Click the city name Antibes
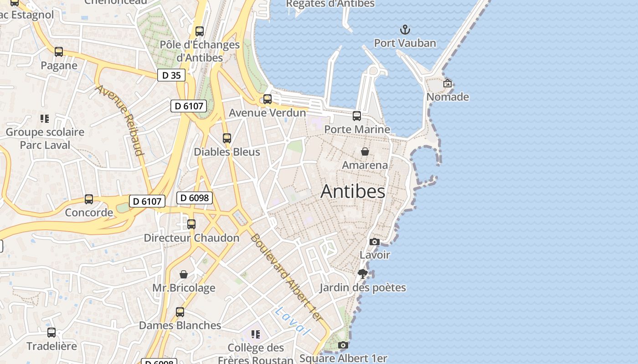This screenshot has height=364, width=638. (353, 192)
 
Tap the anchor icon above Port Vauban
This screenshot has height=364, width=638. (405, 30)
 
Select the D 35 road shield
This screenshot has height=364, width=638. (171, 76)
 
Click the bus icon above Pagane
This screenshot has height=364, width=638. (59, 52)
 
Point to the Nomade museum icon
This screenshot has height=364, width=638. (448, 83)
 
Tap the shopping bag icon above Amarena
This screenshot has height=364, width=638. (365, 152)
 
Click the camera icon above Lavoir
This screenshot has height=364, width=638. (375, 242)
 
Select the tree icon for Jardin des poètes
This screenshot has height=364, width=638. (363, 274)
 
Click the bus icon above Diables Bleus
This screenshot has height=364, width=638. (227, 138)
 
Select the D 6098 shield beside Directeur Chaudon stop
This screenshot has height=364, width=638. (195, 197)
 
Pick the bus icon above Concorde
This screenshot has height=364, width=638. (89, 199)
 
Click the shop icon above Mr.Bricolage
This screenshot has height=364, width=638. (184, 274)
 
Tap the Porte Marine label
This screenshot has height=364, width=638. (357, 129)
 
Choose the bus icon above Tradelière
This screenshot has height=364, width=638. (51, 333)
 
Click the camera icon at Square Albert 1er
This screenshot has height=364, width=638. (343, 345)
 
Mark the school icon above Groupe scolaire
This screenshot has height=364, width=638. (45, 119)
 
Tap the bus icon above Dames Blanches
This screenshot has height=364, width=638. (180, 312)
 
